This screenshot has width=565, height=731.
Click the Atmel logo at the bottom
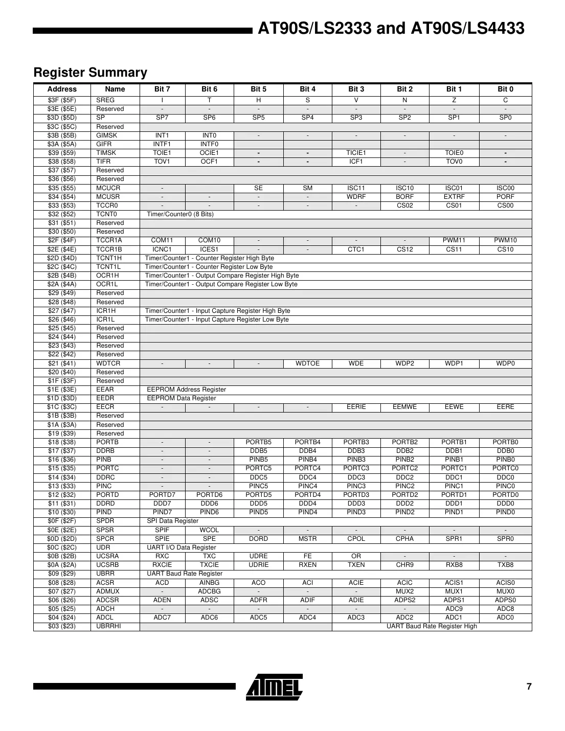pyautogui.click(x=274, y=687)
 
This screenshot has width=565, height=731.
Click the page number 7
pyautogui.click(x=529, y=687)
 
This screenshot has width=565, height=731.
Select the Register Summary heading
pyautogui.click(x=90, y=73)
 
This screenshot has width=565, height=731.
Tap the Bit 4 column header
pyautogui.click(x=307, y=89)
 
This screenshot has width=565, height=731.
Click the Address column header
pyautogui.click(x=62, y=89)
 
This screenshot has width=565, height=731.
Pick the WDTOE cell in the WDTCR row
pyautogui.click(x=307, y=363)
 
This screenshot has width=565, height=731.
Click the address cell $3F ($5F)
pyautogui.click(x=62, y=100)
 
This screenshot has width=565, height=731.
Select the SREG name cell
pyautogui.click(x=105, y=100)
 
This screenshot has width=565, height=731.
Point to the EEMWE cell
pyautogui.click(x=404, y=407)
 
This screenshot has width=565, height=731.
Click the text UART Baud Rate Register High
pyautogui.click(x=432, y=626)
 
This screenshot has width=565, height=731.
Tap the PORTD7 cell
pyautogui.click(x=162, y=495)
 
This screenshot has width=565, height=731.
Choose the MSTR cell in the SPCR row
pyautogui.click(x=307, y=539)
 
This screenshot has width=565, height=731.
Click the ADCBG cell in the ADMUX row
pyautogui.click(x=209, y=591)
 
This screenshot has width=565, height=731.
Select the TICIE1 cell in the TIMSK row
pyautogui.click(x=356, y=153)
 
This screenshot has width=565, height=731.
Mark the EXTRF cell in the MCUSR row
pyautogui.click(x=454, y=197)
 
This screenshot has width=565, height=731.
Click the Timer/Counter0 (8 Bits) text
pyautogui.click(x=180, y=214)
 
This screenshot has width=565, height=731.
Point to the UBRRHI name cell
pyautogui.click(x=108, y=626)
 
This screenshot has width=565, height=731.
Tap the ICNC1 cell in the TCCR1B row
pyautogui.click(x=162, y=249)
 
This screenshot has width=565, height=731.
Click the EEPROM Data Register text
pyautogui.click(x=181, y=398)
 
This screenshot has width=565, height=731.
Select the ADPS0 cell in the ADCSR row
pyautogui.click(x=505, y=600)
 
